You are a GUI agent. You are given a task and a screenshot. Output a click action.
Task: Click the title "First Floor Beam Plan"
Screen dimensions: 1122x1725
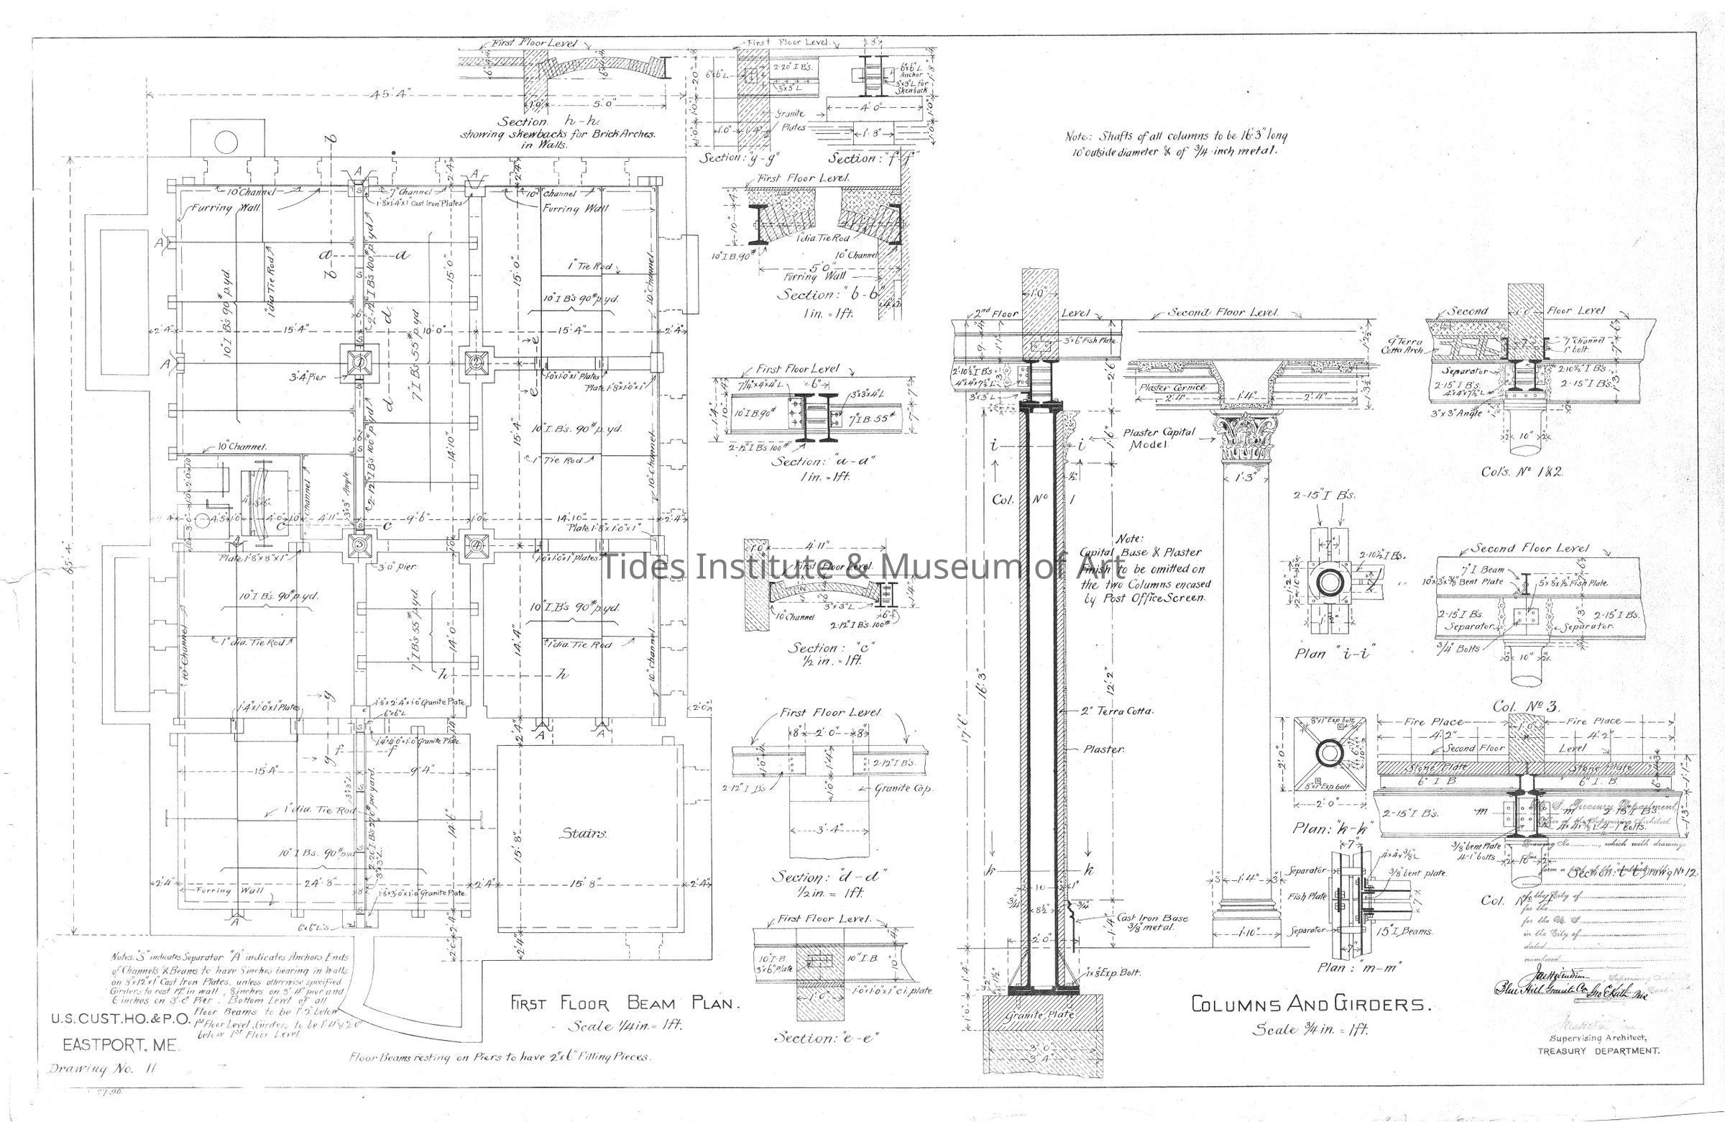624,1004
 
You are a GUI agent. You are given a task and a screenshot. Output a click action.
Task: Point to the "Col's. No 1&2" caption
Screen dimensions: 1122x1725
1522,471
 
